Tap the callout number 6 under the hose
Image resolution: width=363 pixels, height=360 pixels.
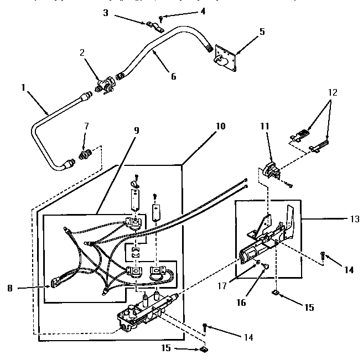click(173, 77)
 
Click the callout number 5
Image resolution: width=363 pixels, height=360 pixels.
click(262, 32)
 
